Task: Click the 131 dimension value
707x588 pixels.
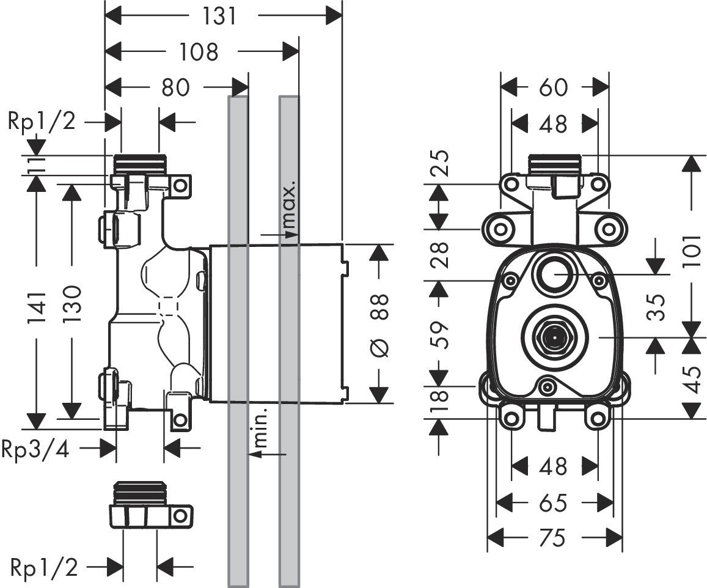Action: click(219, 17)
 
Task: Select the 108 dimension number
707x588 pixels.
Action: click(199, 51)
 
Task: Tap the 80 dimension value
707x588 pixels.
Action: click(176, 87)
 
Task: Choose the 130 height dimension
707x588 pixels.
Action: click(72, 303)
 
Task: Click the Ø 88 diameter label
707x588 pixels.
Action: click(379, 326)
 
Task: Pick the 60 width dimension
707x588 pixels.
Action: click(554, 87)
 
